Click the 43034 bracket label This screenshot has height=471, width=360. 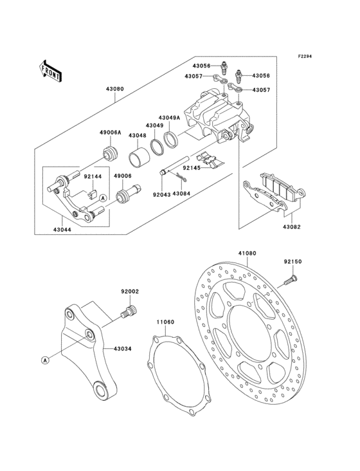(x=123, y=349)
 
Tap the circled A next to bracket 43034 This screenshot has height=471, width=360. (x=46, y=360)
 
